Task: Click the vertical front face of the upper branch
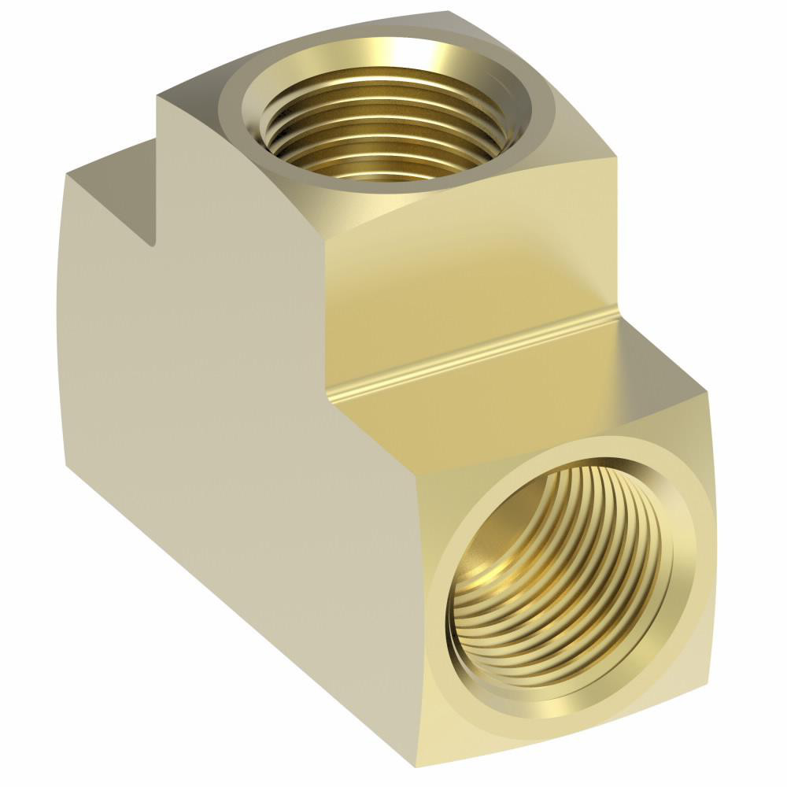(472, 268)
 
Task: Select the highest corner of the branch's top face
(449, 12)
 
